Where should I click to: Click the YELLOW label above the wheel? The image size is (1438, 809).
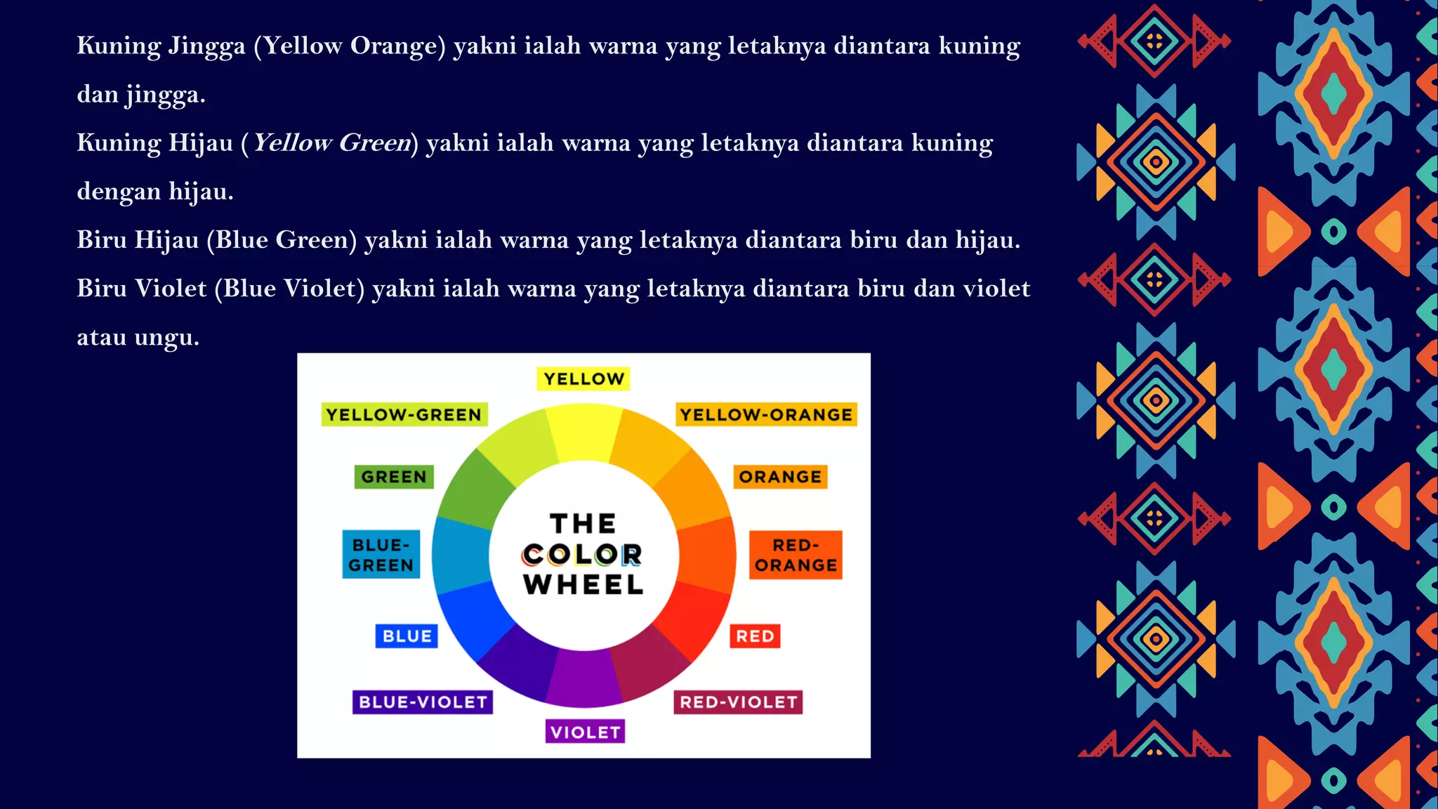583,379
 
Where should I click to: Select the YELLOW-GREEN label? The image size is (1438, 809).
404,415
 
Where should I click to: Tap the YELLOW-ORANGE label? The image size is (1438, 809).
766,415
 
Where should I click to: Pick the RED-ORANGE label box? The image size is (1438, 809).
796,555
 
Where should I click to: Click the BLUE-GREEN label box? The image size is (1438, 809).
381,555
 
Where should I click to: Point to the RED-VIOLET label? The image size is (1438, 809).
738,702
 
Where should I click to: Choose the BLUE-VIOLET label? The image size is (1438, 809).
423,702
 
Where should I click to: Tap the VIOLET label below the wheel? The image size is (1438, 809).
585,732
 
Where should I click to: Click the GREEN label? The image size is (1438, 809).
394,477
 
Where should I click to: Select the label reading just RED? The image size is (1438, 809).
755,636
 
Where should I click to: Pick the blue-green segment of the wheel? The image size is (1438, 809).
460,555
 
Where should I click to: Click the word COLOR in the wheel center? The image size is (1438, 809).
582,555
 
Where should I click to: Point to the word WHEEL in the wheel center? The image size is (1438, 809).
583,585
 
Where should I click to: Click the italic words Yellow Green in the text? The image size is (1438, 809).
331,143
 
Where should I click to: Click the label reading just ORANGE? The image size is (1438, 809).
780,477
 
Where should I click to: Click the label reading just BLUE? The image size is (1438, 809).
407,636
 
